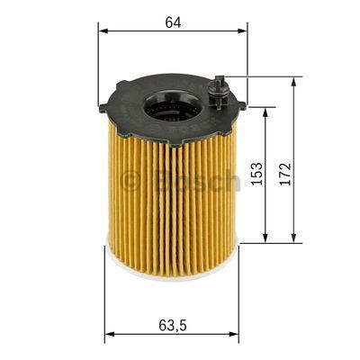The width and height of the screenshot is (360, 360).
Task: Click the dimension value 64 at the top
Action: [173, 22]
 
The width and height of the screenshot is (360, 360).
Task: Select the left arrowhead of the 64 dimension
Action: [101, 31]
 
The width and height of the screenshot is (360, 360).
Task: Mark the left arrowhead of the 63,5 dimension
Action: [108, 336]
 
